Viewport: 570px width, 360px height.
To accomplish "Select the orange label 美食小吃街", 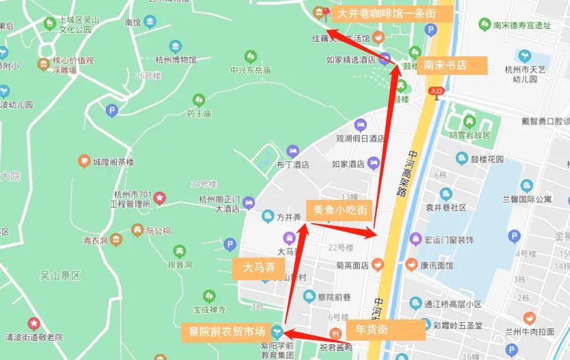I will click(x=340, y=209).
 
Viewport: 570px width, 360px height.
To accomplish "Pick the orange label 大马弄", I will click(x=258, y=268).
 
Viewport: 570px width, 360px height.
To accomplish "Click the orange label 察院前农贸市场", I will click(x=227, y=333).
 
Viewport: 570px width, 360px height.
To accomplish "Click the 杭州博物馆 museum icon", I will click(x=176, y=47).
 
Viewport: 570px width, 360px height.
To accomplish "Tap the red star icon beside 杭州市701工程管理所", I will click(x=159, y=199).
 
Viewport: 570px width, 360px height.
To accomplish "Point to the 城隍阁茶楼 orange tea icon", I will click(x=84, y=161).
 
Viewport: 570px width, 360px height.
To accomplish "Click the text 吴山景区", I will click(x=60, y=275).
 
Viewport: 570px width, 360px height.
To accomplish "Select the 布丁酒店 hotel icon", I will click(x=293, y=150).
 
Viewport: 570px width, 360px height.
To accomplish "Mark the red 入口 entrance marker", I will click(x=435, y=91).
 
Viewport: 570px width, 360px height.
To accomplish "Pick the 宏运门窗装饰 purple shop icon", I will click(x=415, y=239).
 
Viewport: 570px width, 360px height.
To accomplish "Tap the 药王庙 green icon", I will click(x=198, y=100).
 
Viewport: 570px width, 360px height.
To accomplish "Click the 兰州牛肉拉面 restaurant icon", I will click(x=529, y=318).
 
